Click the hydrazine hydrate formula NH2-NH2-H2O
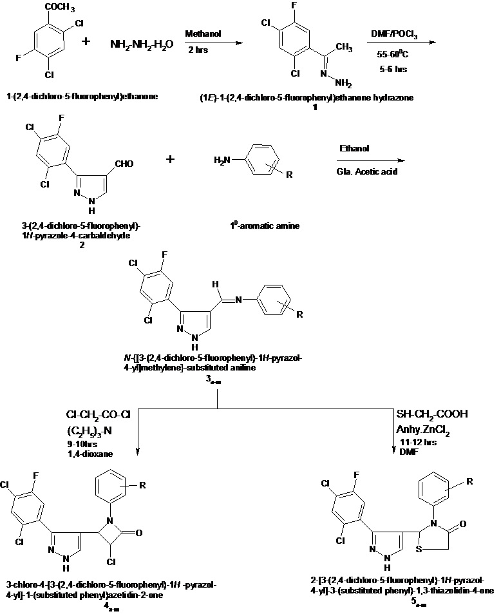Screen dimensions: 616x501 coord(142,44)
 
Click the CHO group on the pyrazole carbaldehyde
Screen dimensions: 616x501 coord(122,164)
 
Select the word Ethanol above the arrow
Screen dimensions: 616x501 coord(354,149)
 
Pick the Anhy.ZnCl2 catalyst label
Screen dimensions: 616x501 coord(426,428)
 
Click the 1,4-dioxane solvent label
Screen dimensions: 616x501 coord(90,454)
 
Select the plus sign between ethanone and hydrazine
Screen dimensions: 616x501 coord(86,43)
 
